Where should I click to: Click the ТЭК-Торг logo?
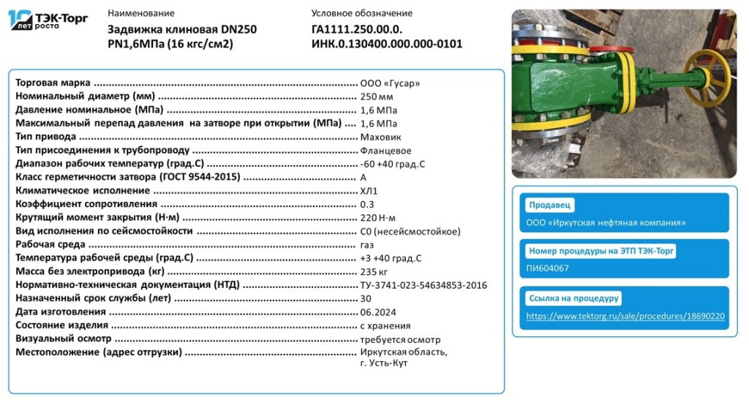[48, 20]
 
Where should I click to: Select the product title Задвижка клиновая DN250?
[182, 29]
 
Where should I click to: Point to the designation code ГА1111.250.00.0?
[357, 29]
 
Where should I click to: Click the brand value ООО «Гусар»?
[390, 83]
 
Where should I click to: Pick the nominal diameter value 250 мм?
[377, 97]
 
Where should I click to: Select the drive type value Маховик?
[380, 137]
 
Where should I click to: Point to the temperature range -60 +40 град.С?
[392, 164]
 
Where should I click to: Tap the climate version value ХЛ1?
[369, 191]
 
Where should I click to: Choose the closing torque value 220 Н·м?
[377, 218]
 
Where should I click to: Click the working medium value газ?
[367, 245]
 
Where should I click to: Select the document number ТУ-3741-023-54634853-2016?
[424, 285]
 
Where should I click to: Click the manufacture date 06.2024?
[377, 312]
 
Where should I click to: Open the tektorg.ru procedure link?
[625, 317]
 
